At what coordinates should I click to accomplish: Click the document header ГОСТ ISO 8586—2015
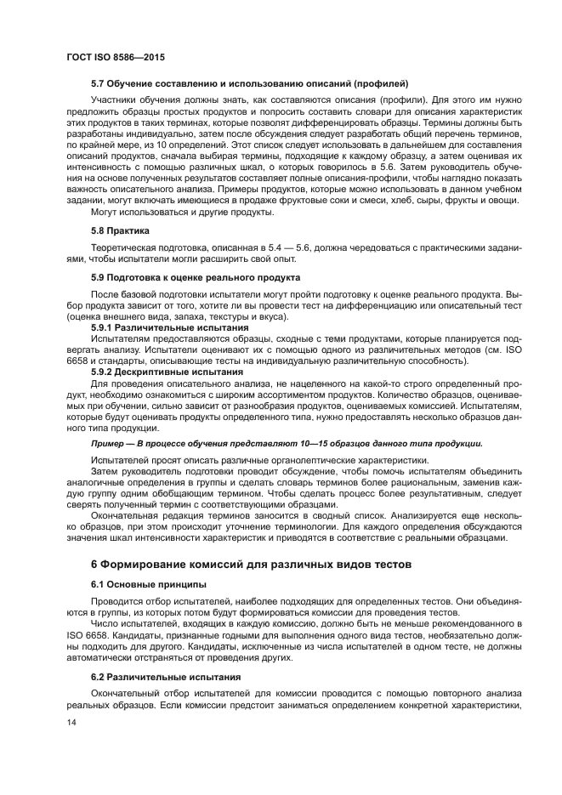tap(115, 58)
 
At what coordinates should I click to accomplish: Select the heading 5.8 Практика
tap(120, 230)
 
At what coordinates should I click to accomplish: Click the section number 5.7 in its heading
tap(98, 83)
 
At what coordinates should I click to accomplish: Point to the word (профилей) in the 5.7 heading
tap(383, 83)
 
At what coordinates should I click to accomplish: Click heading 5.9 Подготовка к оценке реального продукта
tap(196, 277)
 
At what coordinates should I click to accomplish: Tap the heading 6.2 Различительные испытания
tap(161, 677)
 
